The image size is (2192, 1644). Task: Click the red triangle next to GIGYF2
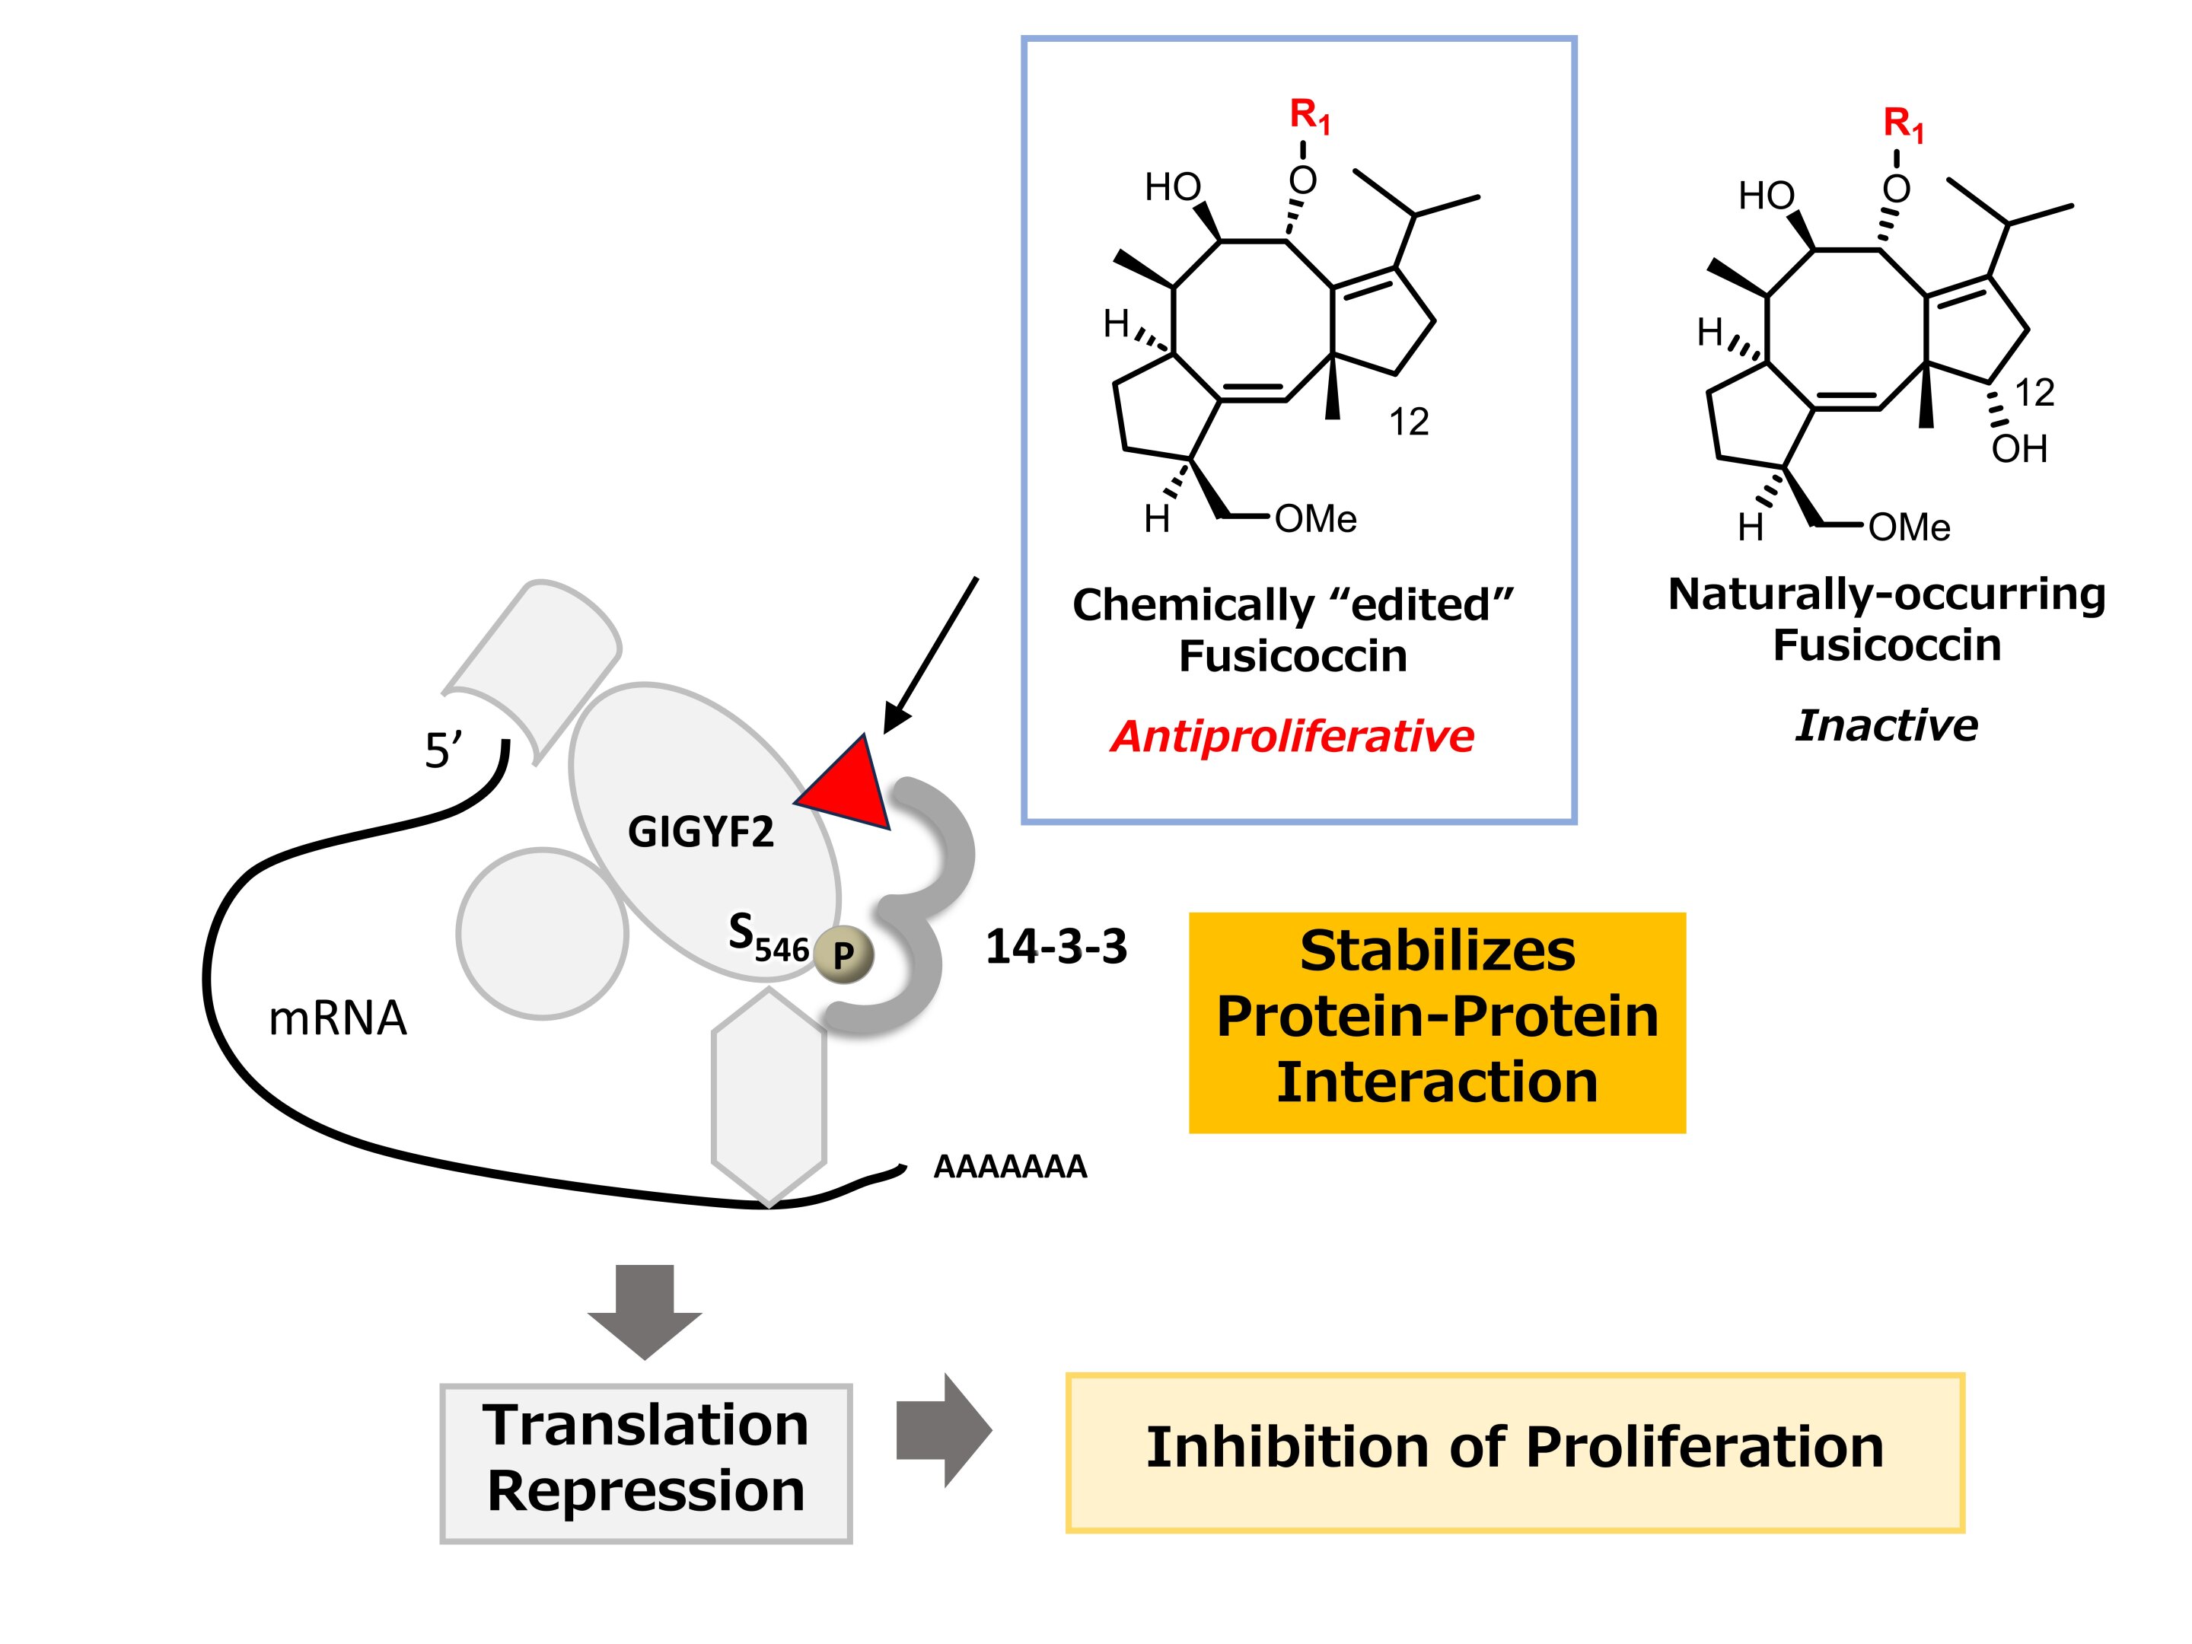tap(850, 788)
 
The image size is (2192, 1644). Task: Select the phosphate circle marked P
tap(843, 955)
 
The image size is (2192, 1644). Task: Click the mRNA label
tap(337, 1018)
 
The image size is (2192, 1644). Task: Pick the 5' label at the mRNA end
tap(442, 751)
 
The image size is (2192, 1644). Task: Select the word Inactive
tap(1886, 725)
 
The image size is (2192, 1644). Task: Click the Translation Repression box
tap(646, 1463)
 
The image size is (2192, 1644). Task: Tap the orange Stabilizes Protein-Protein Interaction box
tap(1437, 1021)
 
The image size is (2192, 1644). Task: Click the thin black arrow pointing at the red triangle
tap(932, 654)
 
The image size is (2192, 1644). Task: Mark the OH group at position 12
tap(2018, 449)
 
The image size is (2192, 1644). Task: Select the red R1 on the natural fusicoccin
tap(1903, 125)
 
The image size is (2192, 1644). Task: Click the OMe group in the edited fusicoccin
tap(1315, 519)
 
